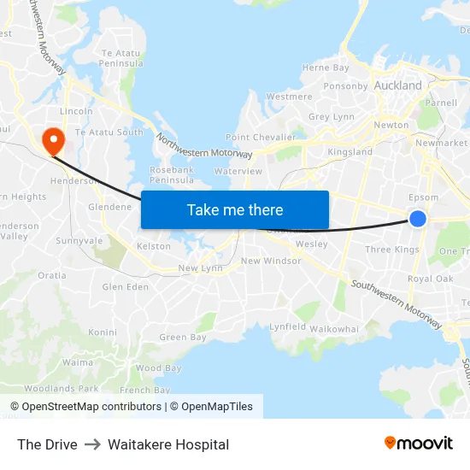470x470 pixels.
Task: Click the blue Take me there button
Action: click(235, 209)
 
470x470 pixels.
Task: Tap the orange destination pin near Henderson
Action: click(53, 140)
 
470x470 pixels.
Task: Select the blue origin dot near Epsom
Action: click(418, 219)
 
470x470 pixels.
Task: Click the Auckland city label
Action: click(398, 85)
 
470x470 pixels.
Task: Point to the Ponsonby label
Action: click(345, 86)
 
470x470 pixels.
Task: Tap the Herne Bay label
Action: click(326, 68)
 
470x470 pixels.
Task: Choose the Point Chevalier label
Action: click(261, 138)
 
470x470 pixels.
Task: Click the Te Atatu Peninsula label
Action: click(120, 57)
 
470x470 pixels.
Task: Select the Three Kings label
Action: click(392, 250)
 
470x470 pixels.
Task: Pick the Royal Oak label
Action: click(430, 279)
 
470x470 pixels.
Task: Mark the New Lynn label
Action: click(200, 268)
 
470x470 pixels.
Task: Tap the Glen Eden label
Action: click(125, 287)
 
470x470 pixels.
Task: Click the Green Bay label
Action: click(183, 338)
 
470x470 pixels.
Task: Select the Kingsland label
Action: click(350, 152)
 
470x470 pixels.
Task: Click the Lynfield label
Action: click(287, 327)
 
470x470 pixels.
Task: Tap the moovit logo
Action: click(419, 443)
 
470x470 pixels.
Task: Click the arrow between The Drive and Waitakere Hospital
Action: click(92, 444)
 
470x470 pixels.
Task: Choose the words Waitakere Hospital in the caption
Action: click(168, 444)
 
